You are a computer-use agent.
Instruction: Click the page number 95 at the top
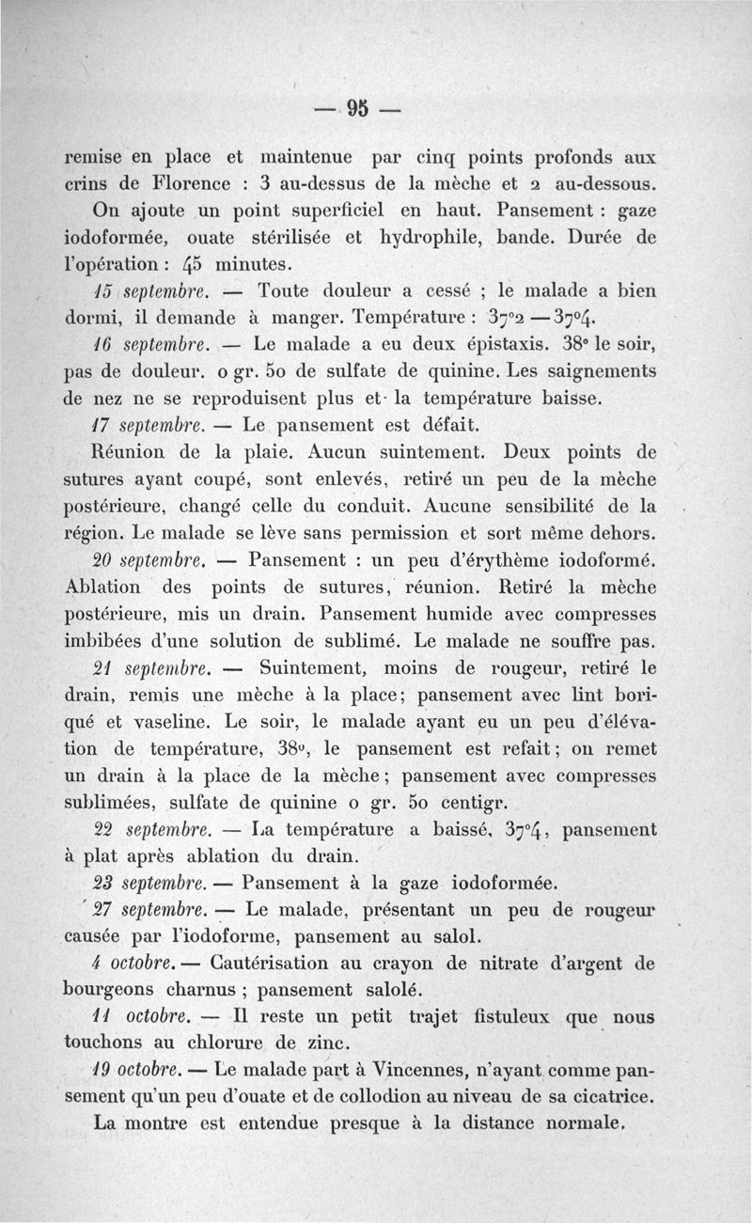358,106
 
